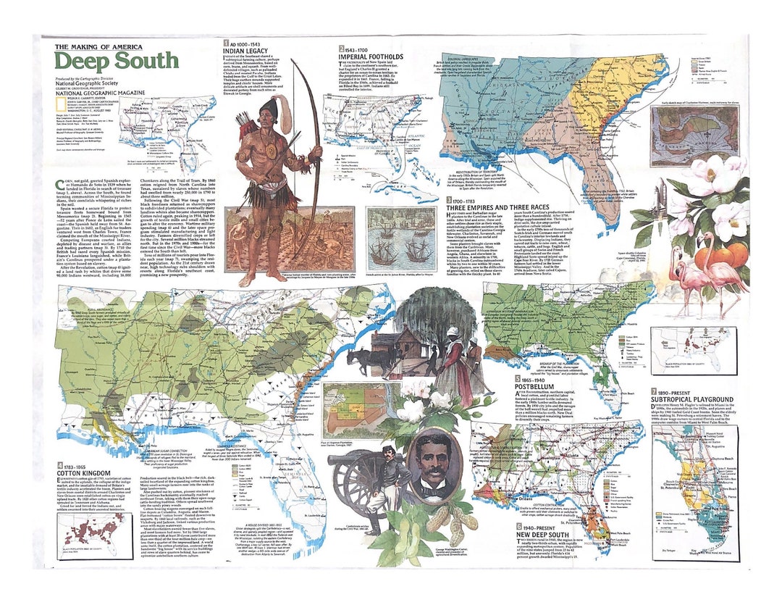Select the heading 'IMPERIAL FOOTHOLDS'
click(x=371, y=56)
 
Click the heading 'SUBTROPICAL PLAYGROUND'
click(x=691, y=399)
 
